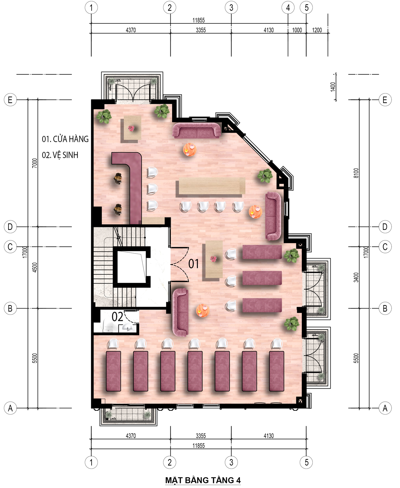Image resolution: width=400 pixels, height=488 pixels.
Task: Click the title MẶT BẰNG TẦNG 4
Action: [x=203, y=480]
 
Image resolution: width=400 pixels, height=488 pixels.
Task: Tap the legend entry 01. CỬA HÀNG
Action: [x=65, y=139]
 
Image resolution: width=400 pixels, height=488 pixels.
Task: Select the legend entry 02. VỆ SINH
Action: [x=60, y=155]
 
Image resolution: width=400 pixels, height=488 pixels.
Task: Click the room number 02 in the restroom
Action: [x=117, y=317]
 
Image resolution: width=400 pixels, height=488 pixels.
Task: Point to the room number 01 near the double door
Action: [x=194, y=264]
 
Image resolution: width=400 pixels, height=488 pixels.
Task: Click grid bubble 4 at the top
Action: [x=288, y=8]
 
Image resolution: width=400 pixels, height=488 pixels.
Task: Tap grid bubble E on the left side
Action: [x=10, y=100]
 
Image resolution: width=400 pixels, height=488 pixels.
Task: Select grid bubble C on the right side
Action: [x=385, y=247]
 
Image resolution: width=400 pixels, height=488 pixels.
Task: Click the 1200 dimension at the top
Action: [x=317, y=30]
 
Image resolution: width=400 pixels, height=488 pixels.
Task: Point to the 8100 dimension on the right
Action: [x=356, y=173]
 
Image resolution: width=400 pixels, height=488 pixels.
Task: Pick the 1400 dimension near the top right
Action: [x=333, y=87]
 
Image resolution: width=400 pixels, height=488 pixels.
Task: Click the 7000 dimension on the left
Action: [x=34, y=163]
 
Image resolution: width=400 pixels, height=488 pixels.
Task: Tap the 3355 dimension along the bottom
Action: [x=201, y=436]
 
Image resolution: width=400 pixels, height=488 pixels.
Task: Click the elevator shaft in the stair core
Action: [x=132, y=267]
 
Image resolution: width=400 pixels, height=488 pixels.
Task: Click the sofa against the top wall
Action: [x=197, y=130]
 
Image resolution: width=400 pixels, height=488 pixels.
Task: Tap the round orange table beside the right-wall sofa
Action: [x=255, y=212]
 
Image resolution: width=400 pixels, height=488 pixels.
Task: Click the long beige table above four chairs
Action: [x=212, y=186]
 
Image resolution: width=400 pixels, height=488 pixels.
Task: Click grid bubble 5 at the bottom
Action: [x=306, y=462]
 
